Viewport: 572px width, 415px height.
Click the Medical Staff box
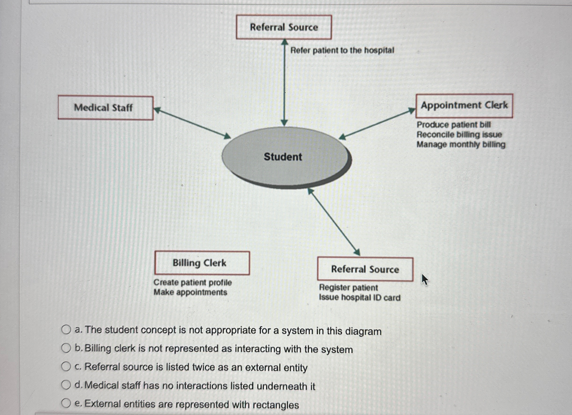click(105, 108)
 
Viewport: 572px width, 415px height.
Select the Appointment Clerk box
click(464, 106)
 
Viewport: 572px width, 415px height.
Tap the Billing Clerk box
click(202, 263)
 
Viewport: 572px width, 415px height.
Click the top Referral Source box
click(284, 27)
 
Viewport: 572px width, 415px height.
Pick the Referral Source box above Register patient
click(365, 269)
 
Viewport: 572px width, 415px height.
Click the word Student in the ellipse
click(283, 157)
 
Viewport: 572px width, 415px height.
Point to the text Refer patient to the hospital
click(342, 50)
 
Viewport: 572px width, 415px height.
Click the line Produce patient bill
click(453, 125)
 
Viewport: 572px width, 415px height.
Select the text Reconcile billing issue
click(459, 135)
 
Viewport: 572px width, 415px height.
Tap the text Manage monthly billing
click(461, 144)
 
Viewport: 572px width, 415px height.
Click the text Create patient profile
click(193, 282)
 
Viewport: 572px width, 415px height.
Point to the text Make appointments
click(190, 292)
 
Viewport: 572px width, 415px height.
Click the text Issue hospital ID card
click(360, 297)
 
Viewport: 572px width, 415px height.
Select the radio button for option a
click(66, 330)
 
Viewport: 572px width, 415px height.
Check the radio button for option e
click(66, 403)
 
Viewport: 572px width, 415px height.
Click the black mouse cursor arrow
click(424, 279)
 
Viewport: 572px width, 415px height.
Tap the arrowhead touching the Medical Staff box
click(157, 110)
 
